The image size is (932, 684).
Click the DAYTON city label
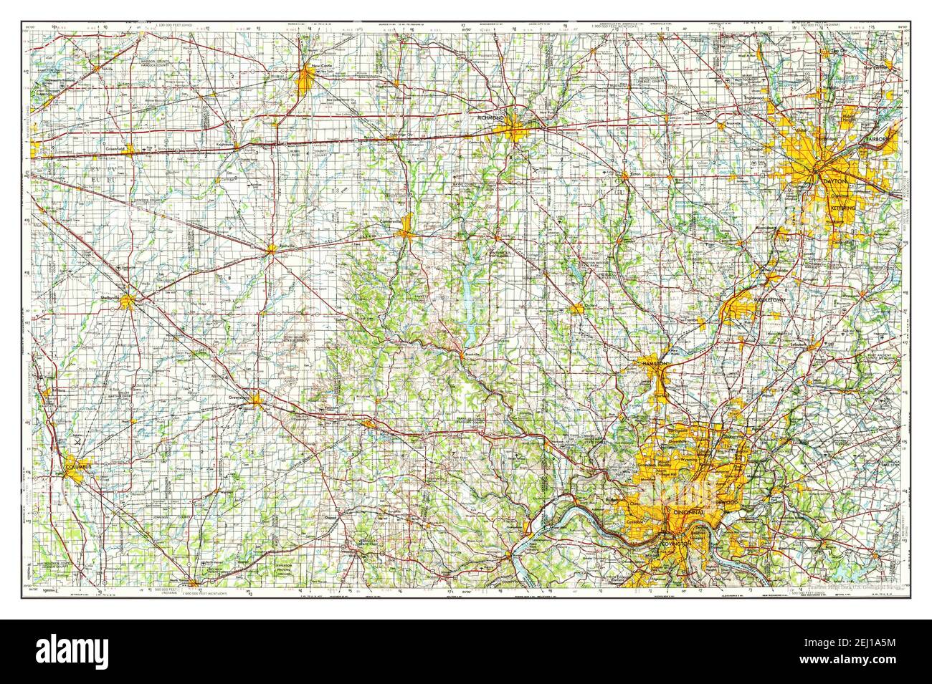[835, 183]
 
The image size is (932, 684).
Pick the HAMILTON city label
[655, 365]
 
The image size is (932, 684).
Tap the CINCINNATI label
[685, 514]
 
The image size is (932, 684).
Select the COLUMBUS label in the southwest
[78, 467]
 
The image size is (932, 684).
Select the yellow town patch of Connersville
[406, 228]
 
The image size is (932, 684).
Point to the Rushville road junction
[271, 250]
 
